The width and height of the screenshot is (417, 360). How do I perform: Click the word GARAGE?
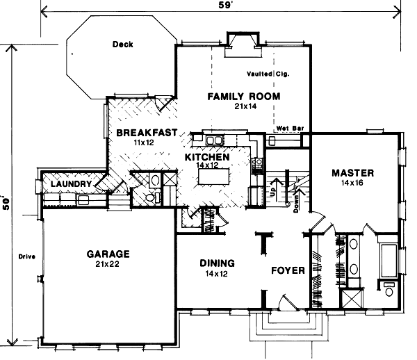(x=108, y=254)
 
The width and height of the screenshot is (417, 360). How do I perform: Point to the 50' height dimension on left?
(x=6, y=202)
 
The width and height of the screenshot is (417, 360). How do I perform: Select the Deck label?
(x=122, y=45)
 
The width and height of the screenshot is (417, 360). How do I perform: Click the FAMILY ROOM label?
(x=244, y=97)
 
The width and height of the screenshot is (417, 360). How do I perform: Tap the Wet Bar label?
(x=287, y=129)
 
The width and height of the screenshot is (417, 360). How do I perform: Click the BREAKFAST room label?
(x=142, y=133)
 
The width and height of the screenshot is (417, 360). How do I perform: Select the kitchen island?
(x=217, y=178)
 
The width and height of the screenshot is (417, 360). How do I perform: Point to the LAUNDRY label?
(x=69, y=184)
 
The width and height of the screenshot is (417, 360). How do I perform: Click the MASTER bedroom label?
(x=352, y=173)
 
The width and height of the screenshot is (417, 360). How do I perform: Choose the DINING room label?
(x=217, y=264)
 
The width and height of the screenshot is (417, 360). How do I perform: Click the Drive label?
(x=26, y=258)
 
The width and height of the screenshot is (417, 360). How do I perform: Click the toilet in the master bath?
(x=387, y=287)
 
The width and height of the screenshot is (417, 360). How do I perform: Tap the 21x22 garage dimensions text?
(x=108, y=265)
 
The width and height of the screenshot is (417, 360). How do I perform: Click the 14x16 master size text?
(x=352, y=184)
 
